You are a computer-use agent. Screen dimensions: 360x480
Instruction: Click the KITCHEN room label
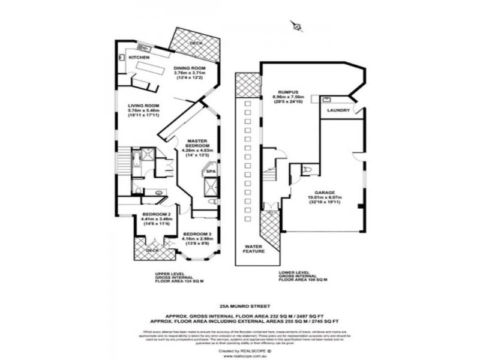[139, 57]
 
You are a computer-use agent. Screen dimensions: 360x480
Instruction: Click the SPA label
[211, 172]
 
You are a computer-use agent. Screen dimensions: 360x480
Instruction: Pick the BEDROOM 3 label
[197, 233]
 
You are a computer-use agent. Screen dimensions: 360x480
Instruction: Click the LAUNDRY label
[338, 111]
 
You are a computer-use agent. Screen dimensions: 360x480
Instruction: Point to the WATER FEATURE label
[254, 249]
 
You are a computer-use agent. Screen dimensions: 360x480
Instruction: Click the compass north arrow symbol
[295, 26]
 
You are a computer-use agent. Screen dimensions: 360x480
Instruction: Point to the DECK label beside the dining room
[196, 43]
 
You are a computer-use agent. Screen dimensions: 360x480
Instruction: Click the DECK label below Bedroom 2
[152, 250]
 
